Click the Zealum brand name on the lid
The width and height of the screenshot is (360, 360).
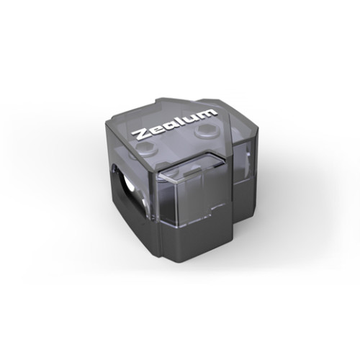click(x=174, y=124)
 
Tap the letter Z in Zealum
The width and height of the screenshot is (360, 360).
click(x=139, y=134)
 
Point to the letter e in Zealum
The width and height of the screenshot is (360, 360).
click(x=153, y=130)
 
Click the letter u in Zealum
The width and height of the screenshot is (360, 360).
click(x=189, y=118)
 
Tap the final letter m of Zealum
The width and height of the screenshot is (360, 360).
click(x=206, y=113)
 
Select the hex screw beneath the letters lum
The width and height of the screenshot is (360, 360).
click(x=204, y=132)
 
